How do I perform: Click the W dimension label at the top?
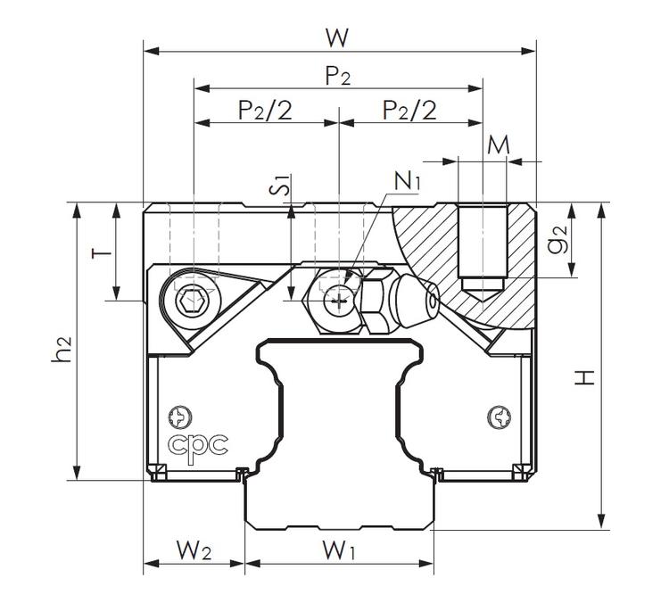point(336,37)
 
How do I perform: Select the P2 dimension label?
point(337,77)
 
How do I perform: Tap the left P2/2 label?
point(265,110)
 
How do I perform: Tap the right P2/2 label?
point(409,110)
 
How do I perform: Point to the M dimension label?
point(499,144)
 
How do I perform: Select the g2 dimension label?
point(558,243)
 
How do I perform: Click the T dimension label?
point(103,252)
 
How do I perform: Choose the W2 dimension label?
point(193,551)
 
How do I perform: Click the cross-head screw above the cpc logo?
point(182,416)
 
